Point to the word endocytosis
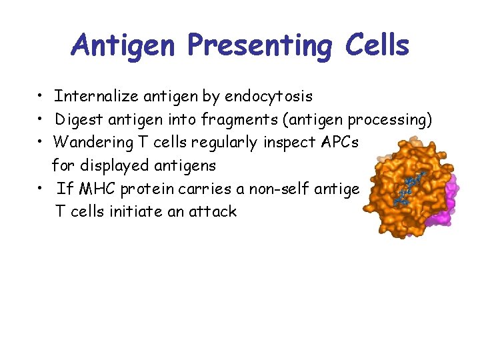pos(269,97)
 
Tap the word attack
pos(212,212)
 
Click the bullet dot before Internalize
pos(41,97)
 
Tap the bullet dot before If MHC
pos(41,189)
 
